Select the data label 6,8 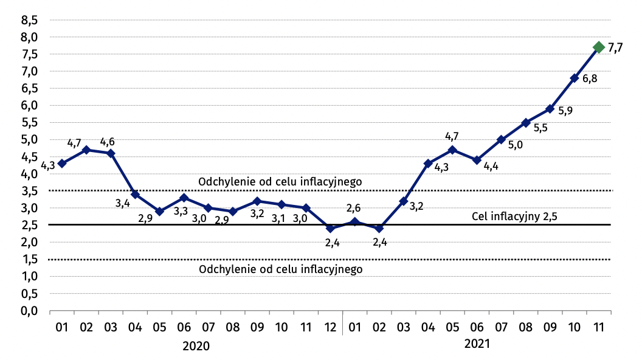(589, 79)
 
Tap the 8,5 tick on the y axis (30, 20)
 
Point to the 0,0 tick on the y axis (30, 311)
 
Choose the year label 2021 (477, 344)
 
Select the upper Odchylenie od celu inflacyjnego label (280, 181)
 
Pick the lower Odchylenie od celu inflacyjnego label (280, 268)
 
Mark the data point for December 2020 (330, 229)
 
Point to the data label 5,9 (565, 111)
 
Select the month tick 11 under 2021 (598, 327)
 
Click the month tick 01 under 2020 (62, 327)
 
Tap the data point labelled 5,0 (501, 140)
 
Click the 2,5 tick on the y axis (30, 225)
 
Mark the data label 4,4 (491, 166)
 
